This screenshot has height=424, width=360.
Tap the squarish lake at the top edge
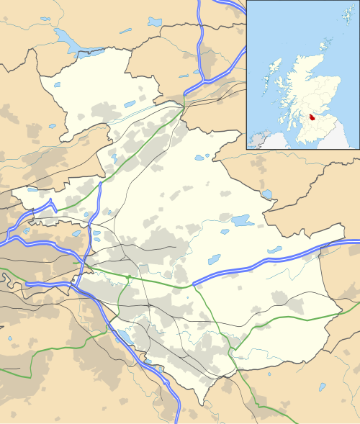155,22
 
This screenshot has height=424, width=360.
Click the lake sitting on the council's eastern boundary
268,194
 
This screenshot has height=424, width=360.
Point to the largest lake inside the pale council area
241,220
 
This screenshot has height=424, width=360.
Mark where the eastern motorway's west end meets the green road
193,286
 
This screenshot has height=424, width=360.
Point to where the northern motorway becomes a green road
184,102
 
